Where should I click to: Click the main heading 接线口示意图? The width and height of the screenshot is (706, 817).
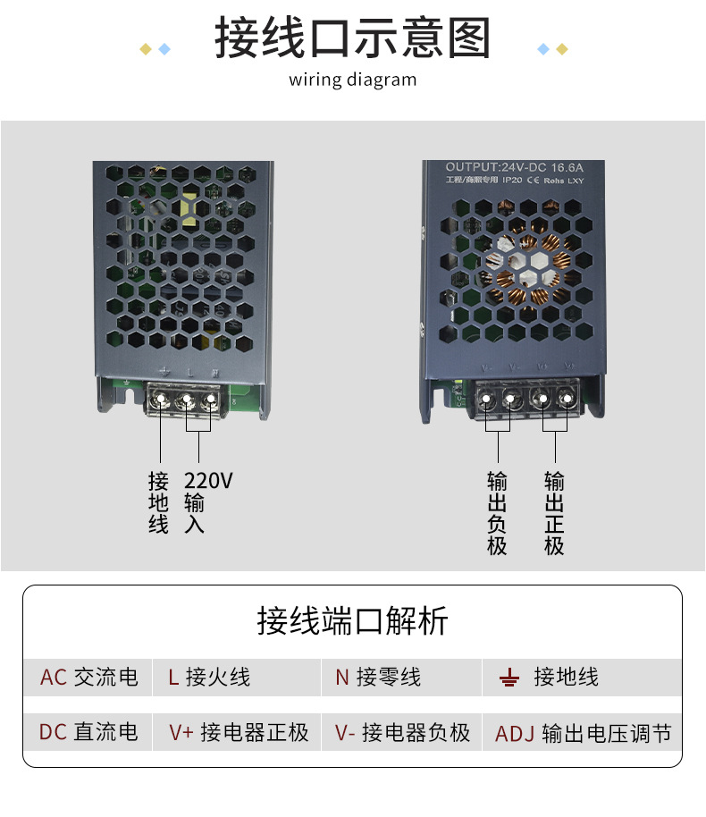point(352,40)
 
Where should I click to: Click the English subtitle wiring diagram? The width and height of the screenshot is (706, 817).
point(352,80)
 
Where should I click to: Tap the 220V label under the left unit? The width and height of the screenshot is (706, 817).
point(208,481)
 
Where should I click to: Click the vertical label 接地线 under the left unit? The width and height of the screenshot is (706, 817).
point(158,501)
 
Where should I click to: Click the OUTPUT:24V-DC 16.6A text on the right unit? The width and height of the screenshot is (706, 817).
point(514,167)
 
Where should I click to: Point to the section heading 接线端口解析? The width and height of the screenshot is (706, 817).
point(352,620)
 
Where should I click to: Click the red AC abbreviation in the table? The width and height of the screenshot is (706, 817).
point(54,678)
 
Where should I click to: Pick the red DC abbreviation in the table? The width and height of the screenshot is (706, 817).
point(53,732)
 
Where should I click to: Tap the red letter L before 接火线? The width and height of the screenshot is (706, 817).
point(173,678)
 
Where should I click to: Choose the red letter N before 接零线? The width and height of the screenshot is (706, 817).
point(341,678)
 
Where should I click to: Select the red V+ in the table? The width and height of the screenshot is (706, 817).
point(181,733)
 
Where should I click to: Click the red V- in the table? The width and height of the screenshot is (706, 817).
point(346,733)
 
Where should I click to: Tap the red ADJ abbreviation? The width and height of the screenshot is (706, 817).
point(514,735)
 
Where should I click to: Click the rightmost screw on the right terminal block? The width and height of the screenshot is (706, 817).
point(567,399)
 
